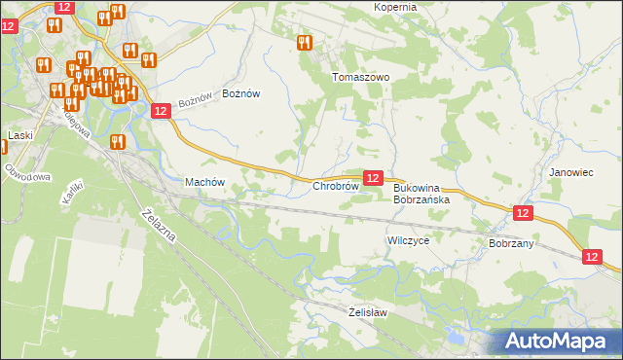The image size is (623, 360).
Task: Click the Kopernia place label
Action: (395, 7)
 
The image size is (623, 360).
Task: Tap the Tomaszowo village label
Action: (361, 77)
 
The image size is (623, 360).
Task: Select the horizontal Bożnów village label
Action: (241, 93)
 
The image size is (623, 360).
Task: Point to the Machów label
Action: (205, 182)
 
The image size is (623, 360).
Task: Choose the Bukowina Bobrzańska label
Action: (421, 194)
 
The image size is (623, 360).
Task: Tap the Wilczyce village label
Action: (408, 239)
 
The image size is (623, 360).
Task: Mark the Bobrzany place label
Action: (511, 243)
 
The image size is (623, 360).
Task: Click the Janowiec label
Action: (571, 172)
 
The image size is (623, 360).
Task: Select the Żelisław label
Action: (368, 312)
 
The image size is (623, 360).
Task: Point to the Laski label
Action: (20, 135)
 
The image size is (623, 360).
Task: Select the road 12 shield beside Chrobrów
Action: (372, 177)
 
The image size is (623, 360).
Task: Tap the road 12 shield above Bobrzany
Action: (524, 213)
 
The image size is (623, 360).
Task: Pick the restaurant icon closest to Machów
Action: (118, 141)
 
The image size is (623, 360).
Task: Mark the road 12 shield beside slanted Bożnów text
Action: (162, 112)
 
